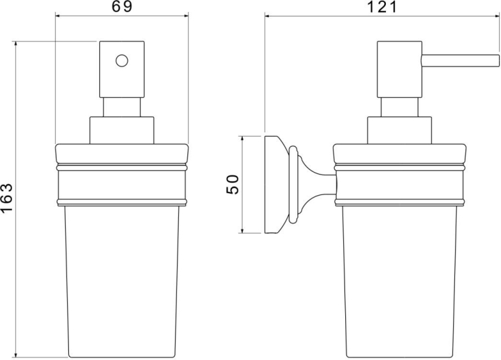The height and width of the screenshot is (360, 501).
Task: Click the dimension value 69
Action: tap(122, 6)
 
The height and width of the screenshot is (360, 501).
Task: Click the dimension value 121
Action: tap(382, 7)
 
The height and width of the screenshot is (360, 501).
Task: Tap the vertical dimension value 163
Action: tap(7, 198)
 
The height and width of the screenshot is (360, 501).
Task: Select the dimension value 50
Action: tap(232, 185)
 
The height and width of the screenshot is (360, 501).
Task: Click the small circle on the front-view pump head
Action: tap(122, 60)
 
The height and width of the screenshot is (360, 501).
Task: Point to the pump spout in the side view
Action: tap(460, 60)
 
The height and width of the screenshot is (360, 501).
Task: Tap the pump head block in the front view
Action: tap(122, 69)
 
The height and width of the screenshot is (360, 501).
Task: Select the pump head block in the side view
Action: tap(399, 69)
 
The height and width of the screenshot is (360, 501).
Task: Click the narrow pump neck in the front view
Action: tap(122, 107)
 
